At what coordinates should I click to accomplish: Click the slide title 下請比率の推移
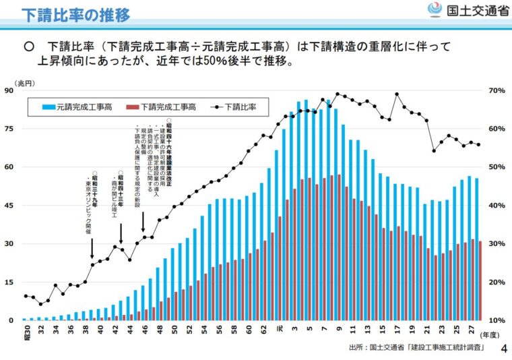pyautogui.click(x=76, y=15)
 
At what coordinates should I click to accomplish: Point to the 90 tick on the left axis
pyautogui.click(x=9, y=90)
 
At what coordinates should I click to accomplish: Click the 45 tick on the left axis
pyautogui.click(x=9, y=206)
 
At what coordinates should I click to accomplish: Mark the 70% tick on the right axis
pyautogui.click(x=496, y=90)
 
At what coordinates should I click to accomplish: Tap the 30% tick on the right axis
pyautogui.click(x=496, y=244)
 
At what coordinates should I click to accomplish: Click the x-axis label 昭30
pyautogui.click(x=26, y=330)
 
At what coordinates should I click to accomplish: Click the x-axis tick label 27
pyautogui.click(x=470, y=329)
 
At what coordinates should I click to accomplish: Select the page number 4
pyautogui.click(x=504, y=349)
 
